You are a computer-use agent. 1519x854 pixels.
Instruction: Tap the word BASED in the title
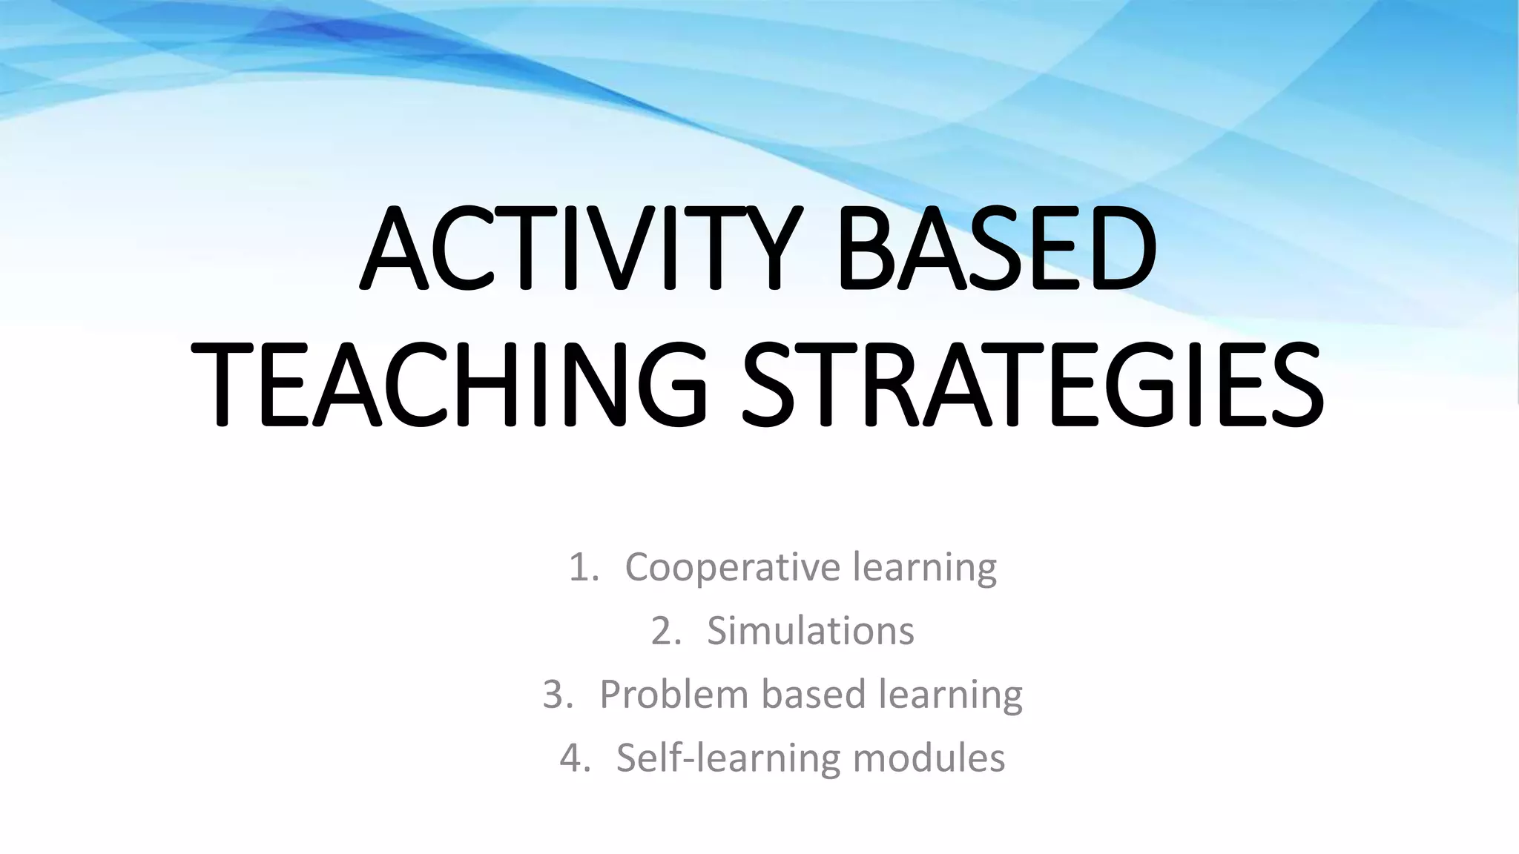pos(998,250)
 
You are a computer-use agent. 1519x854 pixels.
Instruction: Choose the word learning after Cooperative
pos(925,567)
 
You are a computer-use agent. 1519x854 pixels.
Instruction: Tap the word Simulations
pos(811,631)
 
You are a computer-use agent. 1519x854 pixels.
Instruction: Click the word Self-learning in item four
pos(727,758)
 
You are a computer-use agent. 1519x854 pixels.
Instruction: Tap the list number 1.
pos(581,569)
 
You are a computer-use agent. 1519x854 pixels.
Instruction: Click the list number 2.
pos(665,632)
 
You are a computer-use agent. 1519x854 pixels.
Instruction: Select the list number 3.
pos(557,695)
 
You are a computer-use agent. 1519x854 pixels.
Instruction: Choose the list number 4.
pos(574,759)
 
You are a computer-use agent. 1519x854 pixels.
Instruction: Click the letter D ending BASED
pos(1114,250)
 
